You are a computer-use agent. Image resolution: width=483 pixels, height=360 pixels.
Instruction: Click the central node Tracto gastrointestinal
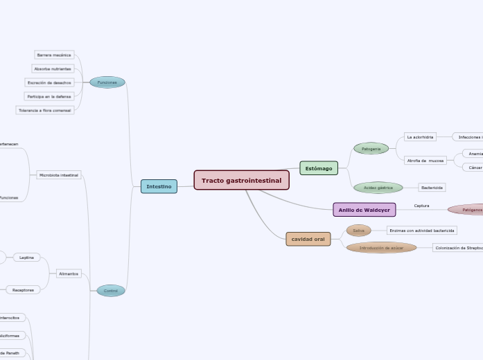click(x=241, y=181)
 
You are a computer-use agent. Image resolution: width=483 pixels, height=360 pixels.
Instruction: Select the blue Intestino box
click(x=159, y=186)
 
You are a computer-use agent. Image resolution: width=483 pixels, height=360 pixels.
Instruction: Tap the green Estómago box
click(x=319, y=168)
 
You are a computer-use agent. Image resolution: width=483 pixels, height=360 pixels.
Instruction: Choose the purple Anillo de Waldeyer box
click(x=364, y=210)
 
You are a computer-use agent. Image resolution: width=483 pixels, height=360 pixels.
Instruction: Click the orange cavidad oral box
click(x=308, y=239)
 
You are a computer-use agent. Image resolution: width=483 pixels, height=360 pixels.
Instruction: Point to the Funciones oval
click(x=107, y=82)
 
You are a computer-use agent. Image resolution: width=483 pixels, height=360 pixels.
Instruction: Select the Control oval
click(x=111, y=291)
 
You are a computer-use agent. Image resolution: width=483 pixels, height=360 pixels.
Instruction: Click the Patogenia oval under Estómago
click(x=371, y=148)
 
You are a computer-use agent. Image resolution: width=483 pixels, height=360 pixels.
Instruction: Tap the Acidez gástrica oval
click(x=378, y=188)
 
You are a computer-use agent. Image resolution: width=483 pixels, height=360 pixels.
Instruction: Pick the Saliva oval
click(x=358, y=231)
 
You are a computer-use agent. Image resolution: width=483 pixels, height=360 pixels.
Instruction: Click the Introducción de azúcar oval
click(x=381, y=247)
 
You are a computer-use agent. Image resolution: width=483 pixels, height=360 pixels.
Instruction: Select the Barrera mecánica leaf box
click(x=53, y=55)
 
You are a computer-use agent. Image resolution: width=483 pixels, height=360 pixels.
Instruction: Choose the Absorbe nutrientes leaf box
click(x=53, y=69)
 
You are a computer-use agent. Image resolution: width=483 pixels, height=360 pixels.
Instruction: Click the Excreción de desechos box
click(x=49, y=82)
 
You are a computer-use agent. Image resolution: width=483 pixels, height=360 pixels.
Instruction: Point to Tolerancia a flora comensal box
click(x=44, y=110)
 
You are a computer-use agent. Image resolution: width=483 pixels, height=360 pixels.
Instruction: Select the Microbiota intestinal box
click(x=59, y=175)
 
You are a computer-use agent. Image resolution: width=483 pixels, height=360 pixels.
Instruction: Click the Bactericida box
click(x=432, y=188)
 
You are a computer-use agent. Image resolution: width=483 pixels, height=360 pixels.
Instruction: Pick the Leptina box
click(x=27, y=258)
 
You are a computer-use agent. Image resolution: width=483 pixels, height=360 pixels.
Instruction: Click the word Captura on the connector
click(x=421, y=206)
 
